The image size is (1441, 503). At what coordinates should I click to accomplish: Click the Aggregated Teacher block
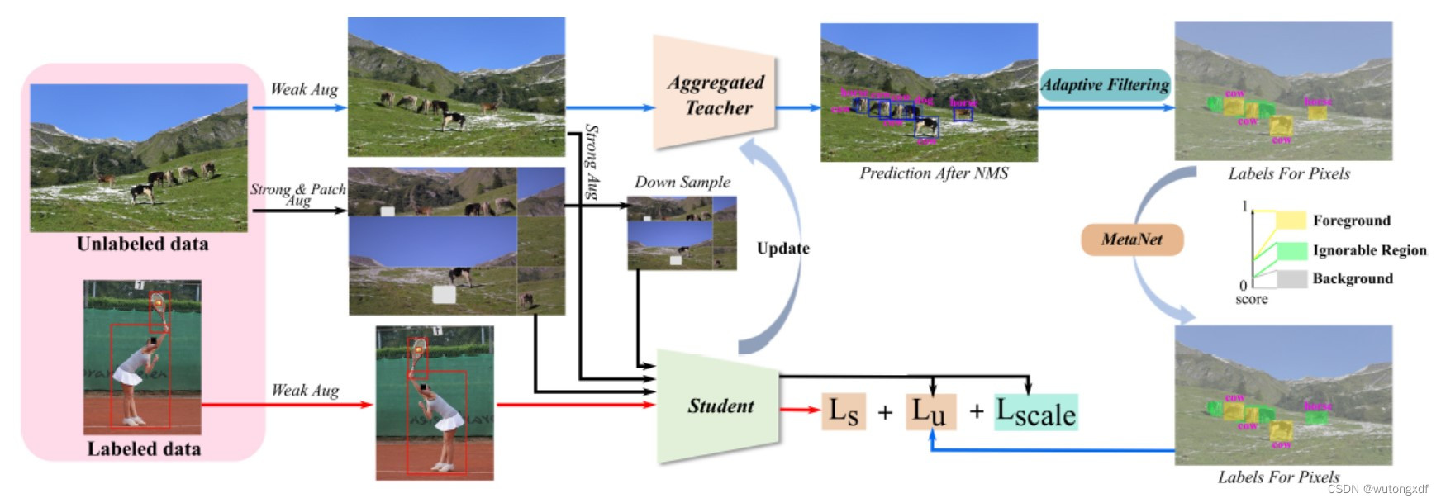click(716, 94)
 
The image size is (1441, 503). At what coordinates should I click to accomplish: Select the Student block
click(719, 406)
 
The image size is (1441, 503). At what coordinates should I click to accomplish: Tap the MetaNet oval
click(1132, 240)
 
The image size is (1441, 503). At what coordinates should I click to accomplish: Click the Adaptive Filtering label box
click(1105, 85)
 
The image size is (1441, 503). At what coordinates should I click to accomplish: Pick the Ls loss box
click(844, 411)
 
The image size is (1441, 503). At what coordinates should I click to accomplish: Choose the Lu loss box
click(930, 411)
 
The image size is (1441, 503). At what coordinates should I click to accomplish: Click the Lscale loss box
click(1036, 412)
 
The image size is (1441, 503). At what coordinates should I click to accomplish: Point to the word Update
click(782, 249)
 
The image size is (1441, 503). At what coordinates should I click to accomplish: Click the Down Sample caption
click(682, 183)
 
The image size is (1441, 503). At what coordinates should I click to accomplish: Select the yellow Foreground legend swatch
click(1291, 221)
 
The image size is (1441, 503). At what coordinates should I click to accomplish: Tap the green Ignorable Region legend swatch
click(1291, 250)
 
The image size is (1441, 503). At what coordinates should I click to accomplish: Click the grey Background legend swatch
click(1291, 279)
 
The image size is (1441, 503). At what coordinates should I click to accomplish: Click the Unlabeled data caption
click(142, 244)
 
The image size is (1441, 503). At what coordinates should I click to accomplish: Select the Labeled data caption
click(144, 449)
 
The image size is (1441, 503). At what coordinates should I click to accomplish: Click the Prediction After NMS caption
click(934, 173)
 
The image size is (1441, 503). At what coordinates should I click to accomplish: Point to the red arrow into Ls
click(800, 409)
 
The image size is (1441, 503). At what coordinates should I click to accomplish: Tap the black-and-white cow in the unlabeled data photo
click(142, 192)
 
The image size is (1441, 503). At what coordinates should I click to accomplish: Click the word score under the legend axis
click(1251, 300)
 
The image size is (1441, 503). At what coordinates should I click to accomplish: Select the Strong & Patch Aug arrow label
click(297, 194)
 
